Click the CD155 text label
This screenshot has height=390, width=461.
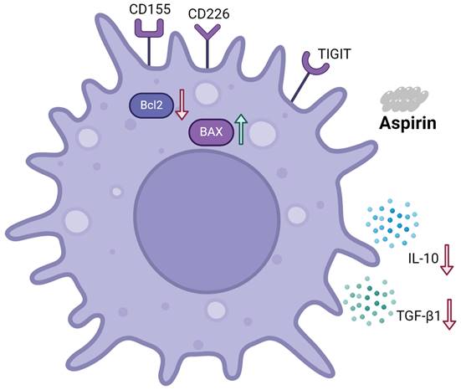[150, 9]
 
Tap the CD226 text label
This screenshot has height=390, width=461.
[208, 14]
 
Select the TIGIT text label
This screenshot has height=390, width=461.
[335, 54]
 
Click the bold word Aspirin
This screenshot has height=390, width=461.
[407, 123]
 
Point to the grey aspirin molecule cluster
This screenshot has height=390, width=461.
[405, 99]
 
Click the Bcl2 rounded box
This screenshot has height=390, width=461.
[151, 105]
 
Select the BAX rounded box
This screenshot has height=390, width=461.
[211, 131]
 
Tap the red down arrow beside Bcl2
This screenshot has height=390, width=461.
[182, 105]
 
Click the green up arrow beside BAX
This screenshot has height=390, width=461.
[241, 129]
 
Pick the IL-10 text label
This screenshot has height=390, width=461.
[423, 259]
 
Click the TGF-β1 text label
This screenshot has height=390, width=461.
[418, 316]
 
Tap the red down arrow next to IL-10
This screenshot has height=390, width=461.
[447, 259]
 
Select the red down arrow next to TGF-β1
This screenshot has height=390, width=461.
[449, 314]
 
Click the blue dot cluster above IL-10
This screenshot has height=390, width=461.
[392, 223]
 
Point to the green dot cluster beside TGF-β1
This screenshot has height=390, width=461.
[369, 301]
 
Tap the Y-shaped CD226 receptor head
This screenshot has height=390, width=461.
[207, 33]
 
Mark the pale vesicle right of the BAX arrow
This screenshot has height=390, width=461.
[263, 133]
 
